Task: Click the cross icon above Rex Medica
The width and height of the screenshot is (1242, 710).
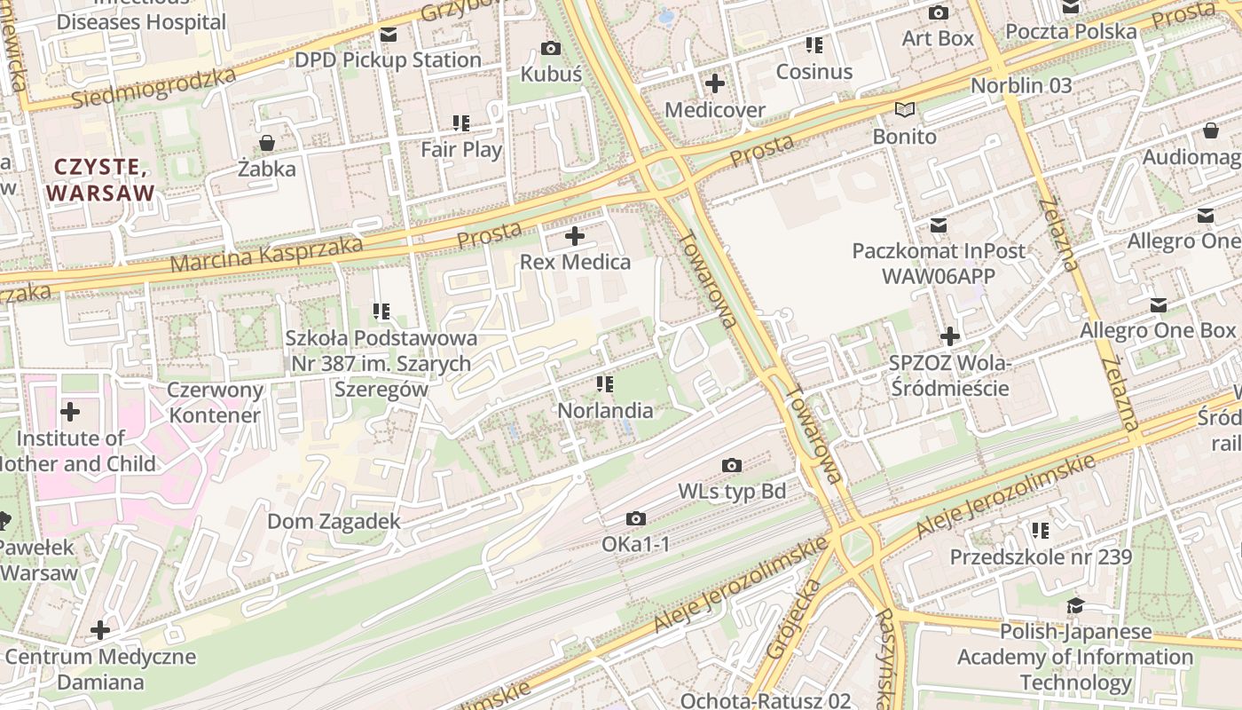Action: (575, 236)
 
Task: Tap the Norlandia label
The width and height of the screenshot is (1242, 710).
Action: (605, 411)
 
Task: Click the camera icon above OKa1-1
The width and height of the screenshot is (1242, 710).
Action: (636, 518)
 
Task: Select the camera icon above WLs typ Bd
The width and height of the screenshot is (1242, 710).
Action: (732, 465)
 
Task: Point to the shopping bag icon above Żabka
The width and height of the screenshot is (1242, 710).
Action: (266, 142)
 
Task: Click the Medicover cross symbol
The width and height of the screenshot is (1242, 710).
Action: (714, 84)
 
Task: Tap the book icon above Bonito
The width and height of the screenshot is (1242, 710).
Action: (904, 110)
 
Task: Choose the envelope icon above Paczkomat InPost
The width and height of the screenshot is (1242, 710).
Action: (938, 225)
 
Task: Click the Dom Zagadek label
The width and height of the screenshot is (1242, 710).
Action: (334, 522)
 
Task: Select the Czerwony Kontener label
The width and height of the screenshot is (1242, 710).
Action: (216, 402)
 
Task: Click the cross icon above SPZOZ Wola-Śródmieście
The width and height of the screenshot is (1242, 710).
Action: (950, 336)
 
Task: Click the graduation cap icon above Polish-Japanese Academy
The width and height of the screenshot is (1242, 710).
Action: (1075, 606)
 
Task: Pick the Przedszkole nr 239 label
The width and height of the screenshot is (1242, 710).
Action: (1041, 557)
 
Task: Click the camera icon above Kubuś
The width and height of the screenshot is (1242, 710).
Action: (551, 48)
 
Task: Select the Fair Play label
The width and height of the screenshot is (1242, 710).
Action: (461, 149)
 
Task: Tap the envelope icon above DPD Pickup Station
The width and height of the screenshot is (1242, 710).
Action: (388, 35)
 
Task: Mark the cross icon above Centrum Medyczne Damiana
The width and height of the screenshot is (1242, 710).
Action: (100, 630)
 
